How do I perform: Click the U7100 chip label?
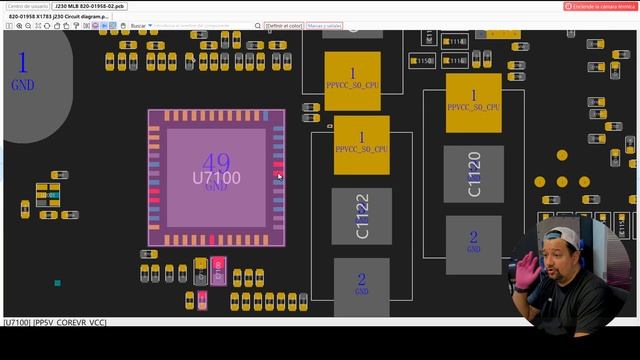(216, 178)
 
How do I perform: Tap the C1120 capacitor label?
(474, 174)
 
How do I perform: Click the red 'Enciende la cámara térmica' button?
(601, 6)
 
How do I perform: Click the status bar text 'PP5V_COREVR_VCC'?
(69, 322)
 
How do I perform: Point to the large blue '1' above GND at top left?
(22, 63)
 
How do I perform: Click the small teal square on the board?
(58, 283)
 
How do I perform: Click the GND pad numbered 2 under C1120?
(474, 241)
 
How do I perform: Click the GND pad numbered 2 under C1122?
(361, 285)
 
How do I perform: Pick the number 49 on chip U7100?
(216, 163)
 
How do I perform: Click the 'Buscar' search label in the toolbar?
(138, 25)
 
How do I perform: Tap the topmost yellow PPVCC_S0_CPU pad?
(352, 80)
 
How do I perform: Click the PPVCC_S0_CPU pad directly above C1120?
(473, 100)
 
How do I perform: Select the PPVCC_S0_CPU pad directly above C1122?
(361, 143)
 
